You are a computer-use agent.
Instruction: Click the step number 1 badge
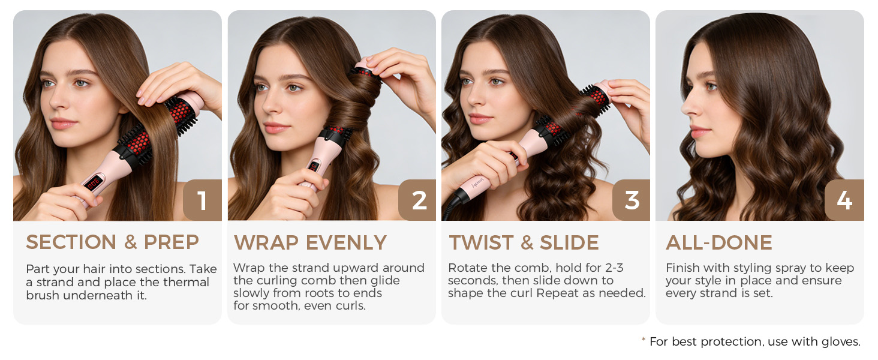202,200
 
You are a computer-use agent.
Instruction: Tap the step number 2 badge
417,200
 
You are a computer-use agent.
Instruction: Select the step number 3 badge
632,200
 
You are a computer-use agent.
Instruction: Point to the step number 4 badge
844,200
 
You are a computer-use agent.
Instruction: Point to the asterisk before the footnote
644,340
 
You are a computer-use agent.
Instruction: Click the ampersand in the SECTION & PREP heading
130,242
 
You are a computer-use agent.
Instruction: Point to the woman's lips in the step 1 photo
64,124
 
